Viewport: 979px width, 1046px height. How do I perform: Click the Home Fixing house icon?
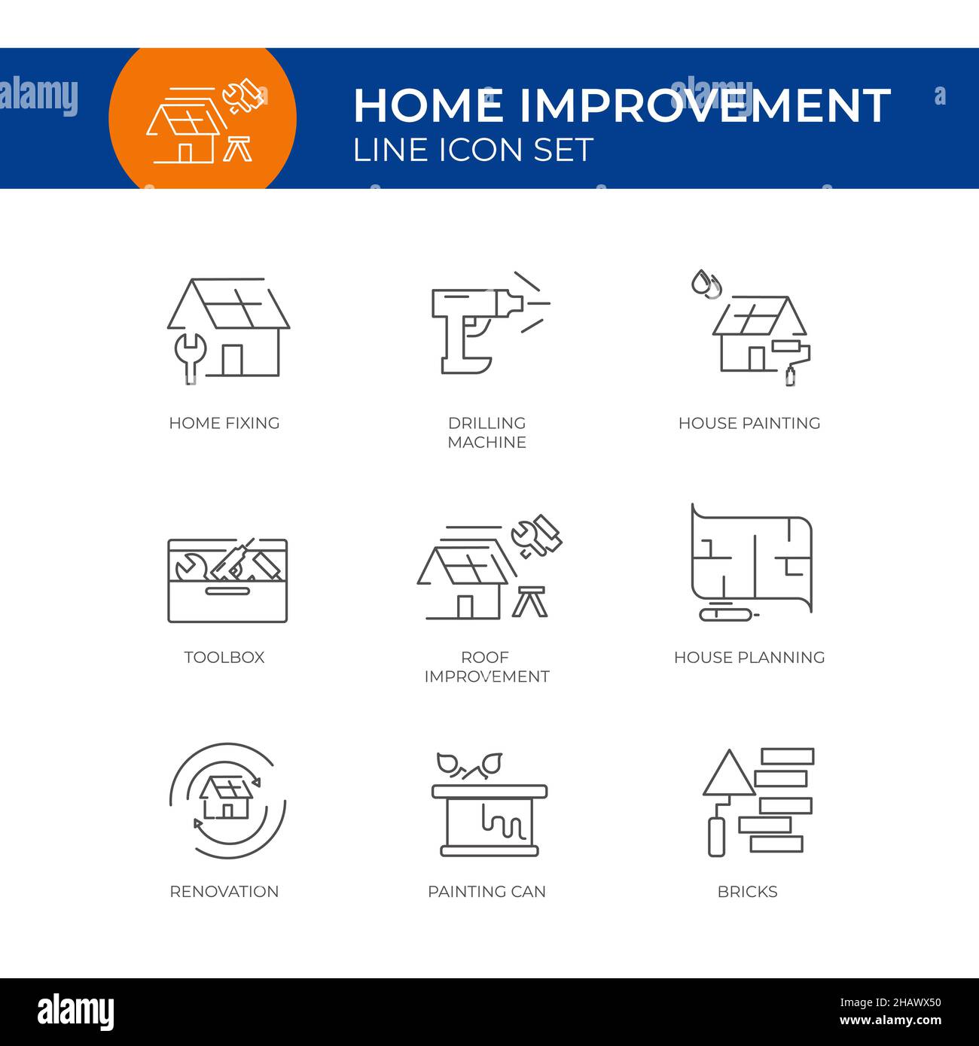click(228, 329)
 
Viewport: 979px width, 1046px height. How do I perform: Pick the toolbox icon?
click(227, 580)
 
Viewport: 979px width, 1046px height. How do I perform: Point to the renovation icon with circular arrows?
click(227, 801)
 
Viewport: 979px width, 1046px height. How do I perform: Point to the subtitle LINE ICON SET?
click(473, 150)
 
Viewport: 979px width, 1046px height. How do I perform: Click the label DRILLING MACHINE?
click(486, 433)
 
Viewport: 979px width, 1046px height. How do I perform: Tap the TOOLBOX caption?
click(224, 657)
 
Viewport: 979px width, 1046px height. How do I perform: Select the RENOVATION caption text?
click(224, 892)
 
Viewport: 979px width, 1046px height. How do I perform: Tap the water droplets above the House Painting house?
click(706, 284)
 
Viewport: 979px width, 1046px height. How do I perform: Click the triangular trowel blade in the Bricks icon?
click(728, 775)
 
